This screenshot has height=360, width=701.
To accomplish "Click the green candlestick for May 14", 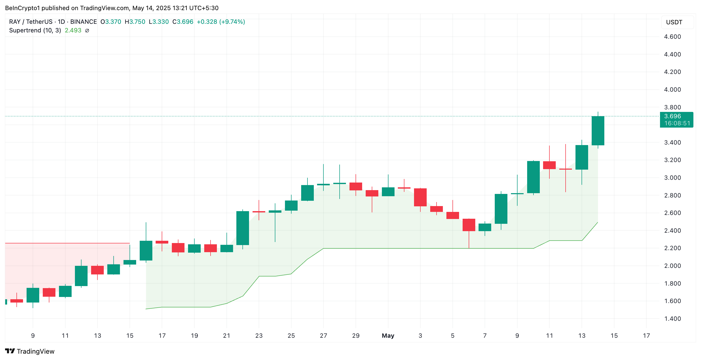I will coord(597,131).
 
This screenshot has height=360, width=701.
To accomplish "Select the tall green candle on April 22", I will coord(242,228).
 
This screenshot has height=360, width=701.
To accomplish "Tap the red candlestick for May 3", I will coord(420,197).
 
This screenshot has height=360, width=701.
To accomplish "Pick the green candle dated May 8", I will coord(501,209).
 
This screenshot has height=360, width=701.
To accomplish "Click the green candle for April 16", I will coord(146,251).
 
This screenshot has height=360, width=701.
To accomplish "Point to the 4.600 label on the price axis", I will coord(672,37).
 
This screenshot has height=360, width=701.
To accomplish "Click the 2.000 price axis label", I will coord(672,266).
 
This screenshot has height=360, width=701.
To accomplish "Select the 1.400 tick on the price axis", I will coord(672,319).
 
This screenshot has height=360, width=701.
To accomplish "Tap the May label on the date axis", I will coord(388,335).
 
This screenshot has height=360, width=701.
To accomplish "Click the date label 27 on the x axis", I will coord(323,335).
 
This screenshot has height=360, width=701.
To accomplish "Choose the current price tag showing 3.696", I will coord(672,116).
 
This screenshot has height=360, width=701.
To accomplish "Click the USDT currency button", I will coord(674,22).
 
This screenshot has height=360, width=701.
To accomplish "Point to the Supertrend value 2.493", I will coord(73,30).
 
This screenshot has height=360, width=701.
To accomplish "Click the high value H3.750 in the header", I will coord(135,22).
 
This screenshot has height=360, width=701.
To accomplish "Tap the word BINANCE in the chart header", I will coord(84,22).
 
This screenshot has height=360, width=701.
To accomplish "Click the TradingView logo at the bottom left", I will coord(30,351).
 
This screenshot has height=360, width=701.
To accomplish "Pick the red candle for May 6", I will coord(469,225).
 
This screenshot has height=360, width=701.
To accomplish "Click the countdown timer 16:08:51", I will coord(677,123).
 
